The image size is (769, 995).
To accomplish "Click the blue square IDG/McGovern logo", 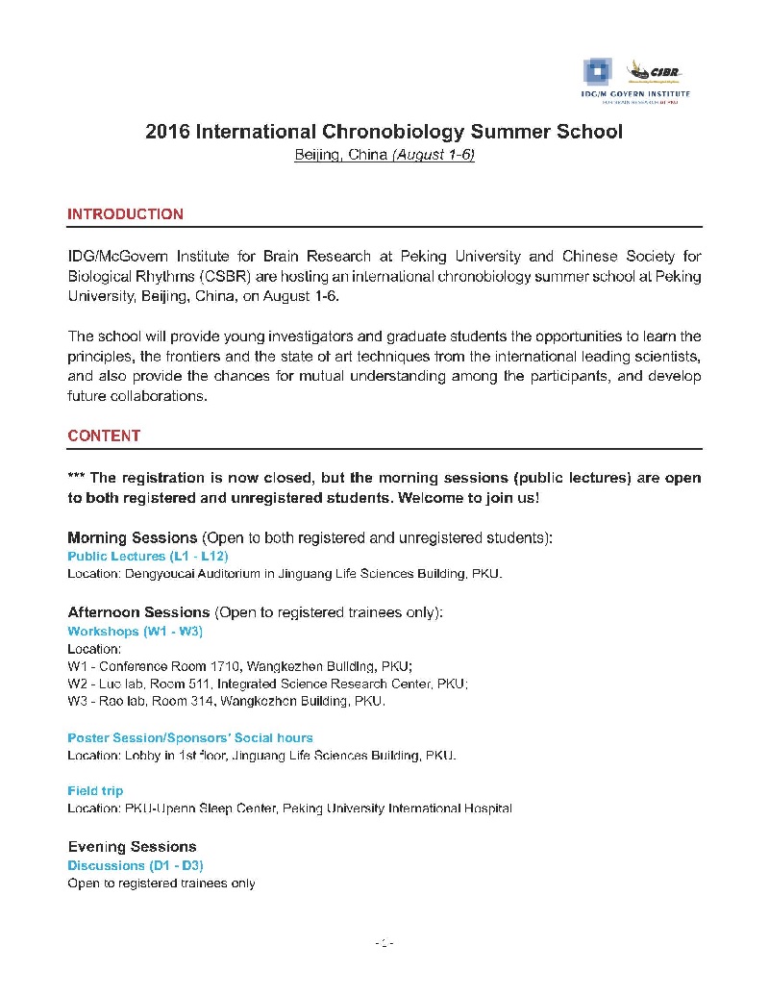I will click(597, 71).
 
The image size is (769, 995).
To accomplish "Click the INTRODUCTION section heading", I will click(125, 214).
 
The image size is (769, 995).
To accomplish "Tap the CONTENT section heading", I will click(104, 435).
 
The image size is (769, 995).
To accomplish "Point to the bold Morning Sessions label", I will click(132, 535).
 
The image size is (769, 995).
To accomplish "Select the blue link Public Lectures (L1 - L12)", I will click(147, 556).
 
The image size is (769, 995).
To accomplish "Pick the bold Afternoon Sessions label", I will click(138, 611).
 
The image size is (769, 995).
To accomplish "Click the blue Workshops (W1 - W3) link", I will click(135, 632).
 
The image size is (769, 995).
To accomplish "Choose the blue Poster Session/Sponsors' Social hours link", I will click(189, 737).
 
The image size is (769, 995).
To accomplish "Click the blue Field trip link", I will click(95, 790).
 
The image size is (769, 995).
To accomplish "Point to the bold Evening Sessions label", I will click(132, 846).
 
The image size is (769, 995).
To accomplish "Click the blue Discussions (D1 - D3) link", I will click(135, 865).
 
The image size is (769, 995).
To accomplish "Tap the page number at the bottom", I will click(384, 943).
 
